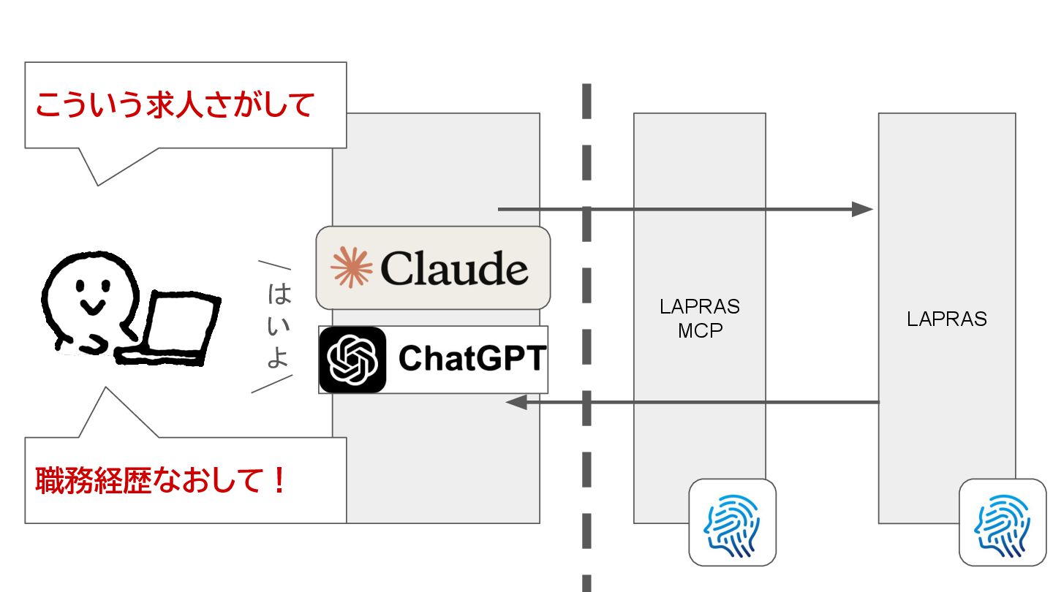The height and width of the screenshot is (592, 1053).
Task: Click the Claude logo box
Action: coord(433,267)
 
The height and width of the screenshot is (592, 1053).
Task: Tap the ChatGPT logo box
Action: coord(433,360)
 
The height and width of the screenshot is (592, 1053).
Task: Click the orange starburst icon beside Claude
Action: coord(352,267)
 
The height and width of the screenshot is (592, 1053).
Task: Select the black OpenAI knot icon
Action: coord(352,360)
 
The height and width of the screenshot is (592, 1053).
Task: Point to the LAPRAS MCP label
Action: coord(700,318)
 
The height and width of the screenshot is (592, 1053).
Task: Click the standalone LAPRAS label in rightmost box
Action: coord(947,319)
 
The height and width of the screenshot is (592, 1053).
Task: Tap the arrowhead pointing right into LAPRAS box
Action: coord(864,210)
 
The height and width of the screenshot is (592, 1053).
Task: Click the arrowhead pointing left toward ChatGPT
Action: coord(516,402)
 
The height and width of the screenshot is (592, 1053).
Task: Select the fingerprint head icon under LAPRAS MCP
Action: coord(733,522)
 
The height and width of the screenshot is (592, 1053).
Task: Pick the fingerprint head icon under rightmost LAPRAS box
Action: coord(1003,522)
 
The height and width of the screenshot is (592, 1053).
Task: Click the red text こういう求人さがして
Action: coord(175,105)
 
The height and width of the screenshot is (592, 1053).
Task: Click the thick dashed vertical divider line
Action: coord(586,329)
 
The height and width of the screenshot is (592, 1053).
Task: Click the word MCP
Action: coord(700,330)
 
